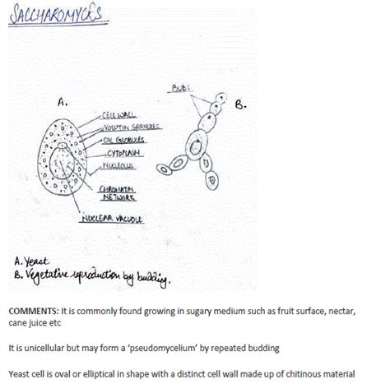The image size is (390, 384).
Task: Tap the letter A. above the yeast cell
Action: tap(62, 103)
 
